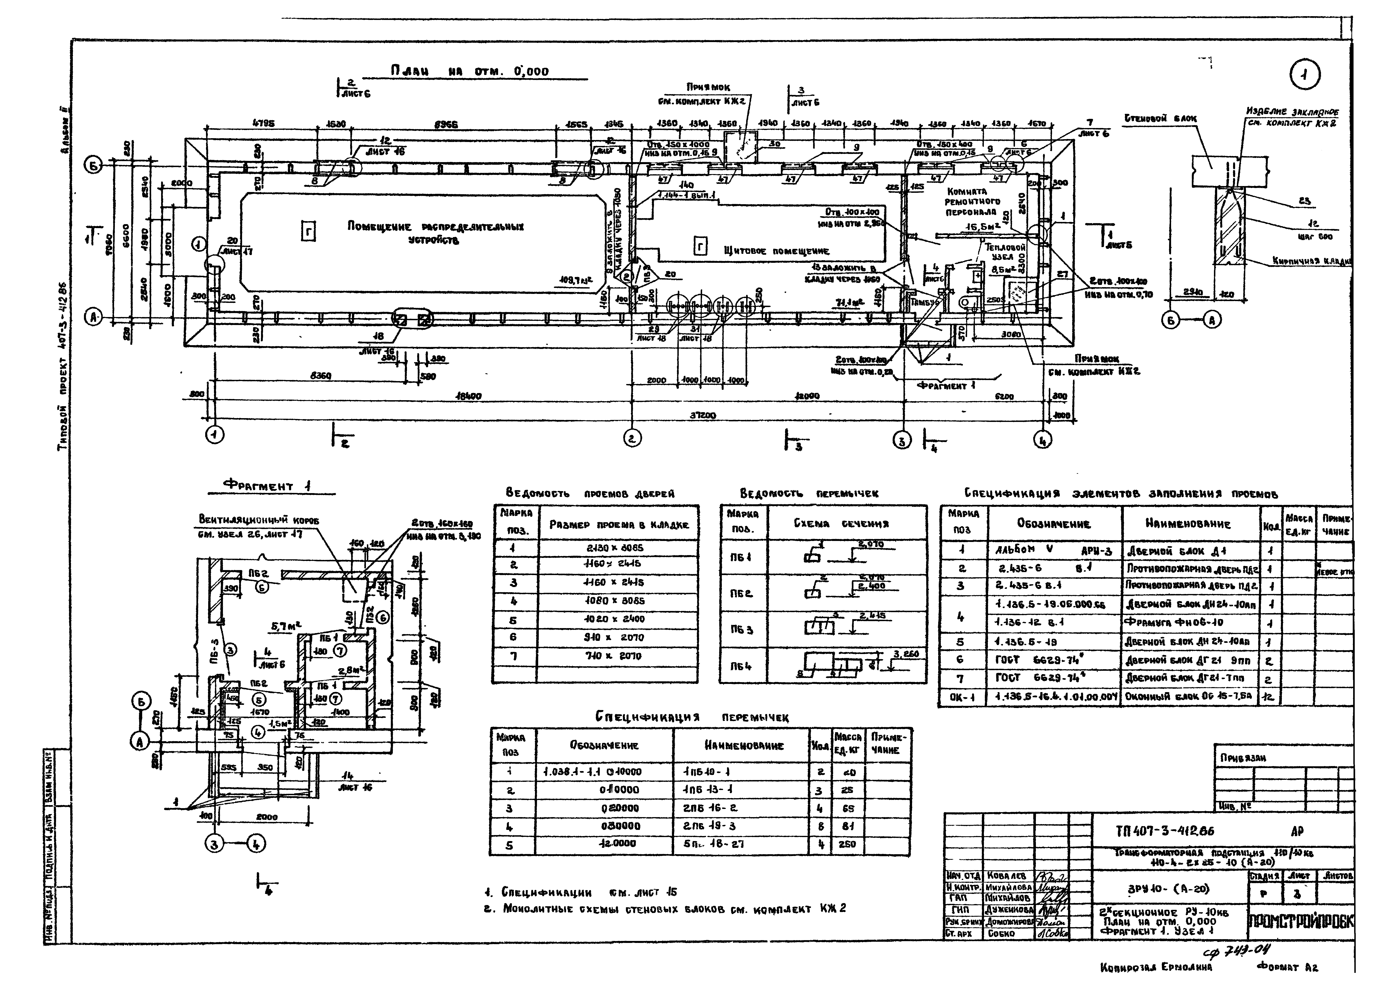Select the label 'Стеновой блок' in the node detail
pyautogui.click(x=1160, y=119)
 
